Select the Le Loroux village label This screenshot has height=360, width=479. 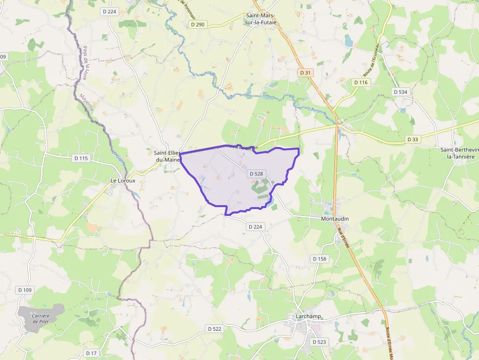[119, 180]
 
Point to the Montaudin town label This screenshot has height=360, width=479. [335, 219]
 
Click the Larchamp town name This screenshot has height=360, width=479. [308, 317]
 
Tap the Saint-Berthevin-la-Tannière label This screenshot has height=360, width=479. [457, 153]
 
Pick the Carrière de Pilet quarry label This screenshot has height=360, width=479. [41, 319]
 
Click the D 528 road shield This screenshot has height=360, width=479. [256, 173]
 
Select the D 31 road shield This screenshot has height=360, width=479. [305, 73]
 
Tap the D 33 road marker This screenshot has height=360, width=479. [413, 140]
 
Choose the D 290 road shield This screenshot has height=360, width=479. [197, 24]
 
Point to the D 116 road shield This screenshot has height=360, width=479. [360, 83]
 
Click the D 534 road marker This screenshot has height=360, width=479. [400, 92]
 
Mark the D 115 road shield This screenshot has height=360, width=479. [81, 158]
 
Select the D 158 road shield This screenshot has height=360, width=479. [319, 258]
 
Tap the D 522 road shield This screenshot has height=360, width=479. [214, 329]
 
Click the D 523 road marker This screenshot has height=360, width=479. [319, 342]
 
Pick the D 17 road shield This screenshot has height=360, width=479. [91, 353]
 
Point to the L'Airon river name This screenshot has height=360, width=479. [316, 110]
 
